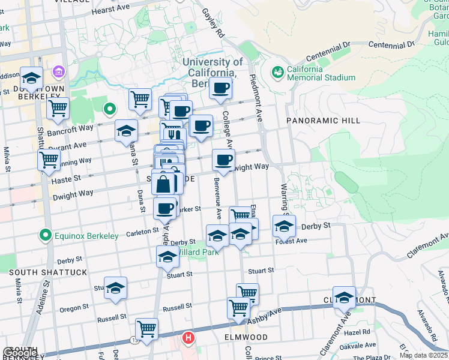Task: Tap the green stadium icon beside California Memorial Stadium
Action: [x=277, y=73]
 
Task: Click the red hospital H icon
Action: [x=188, y=339]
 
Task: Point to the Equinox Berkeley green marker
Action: [x=44, y=235]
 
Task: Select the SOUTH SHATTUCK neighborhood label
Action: [x=48, y=272]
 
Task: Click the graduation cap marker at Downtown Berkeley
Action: [x=31, y=78]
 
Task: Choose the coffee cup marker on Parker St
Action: [x=164, y=208]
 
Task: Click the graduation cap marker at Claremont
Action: [x=344, y=298]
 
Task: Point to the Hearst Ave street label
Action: [x=110, y=11]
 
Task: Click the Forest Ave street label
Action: [x=291, y=241]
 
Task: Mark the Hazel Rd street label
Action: [x=357, y=331]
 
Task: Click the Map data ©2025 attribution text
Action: [x=423, y=355]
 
